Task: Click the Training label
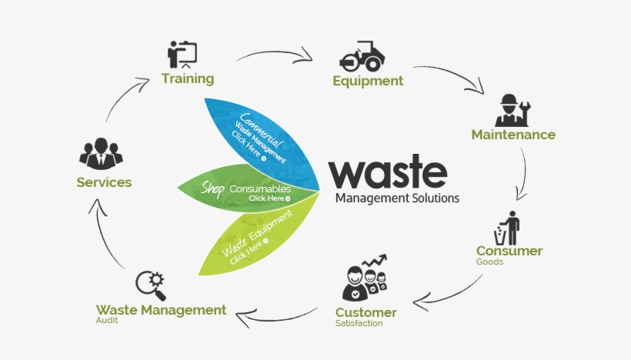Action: pos(188,78)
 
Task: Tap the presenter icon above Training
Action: pos(182,53)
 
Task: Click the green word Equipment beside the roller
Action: pos(368,81)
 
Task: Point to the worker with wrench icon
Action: pos(510,110)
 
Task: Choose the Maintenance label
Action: pos(513,135)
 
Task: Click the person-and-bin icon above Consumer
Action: pos(508,228)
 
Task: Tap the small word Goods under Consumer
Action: pos(489,262)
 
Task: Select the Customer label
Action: pos(366,312)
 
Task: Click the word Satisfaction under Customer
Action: pos(359,324)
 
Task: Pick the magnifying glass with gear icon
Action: pos(150,285)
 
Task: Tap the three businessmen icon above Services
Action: pos(101,154)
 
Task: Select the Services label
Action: pos(104,182)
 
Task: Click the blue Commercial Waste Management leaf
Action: pos(262,138)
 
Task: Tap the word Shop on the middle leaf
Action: pos(213,188)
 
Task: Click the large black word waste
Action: pos(388,173)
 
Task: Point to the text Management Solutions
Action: pos(397,198)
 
